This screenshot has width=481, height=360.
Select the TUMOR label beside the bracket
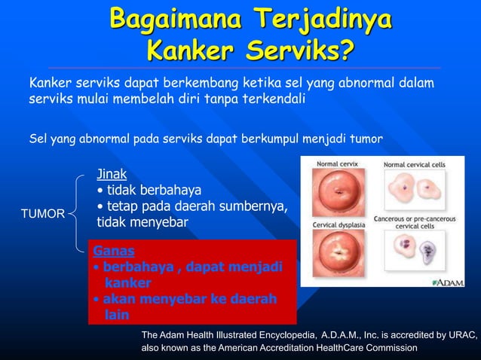42,214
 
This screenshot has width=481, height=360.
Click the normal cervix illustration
337,193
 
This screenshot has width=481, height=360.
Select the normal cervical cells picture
413,189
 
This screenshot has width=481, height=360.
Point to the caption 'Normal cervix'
337,163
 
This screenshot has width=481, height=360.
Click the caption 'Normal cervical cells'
414,163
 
